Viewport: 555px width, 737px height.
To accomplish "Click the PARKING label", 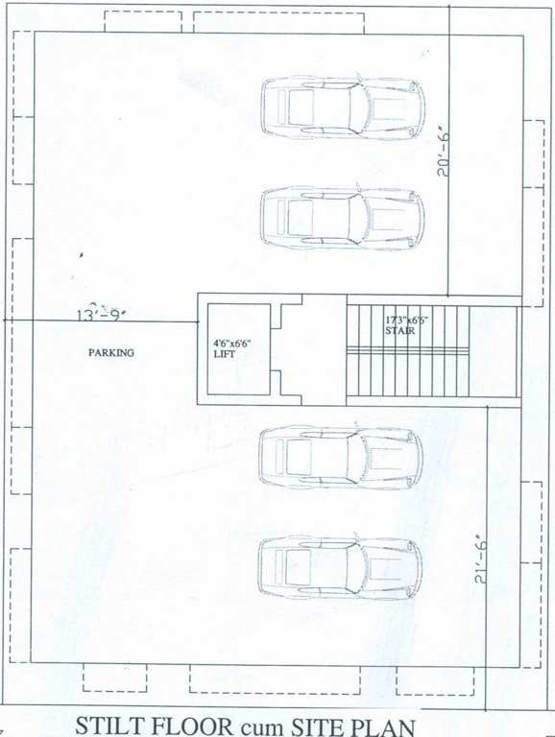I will pos(111,352).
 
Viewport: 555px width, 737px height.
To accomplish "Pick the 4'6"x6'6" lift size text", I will pos(233,342).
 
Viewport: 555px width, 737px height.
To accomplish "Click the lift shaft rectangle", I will pos(233,352).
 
